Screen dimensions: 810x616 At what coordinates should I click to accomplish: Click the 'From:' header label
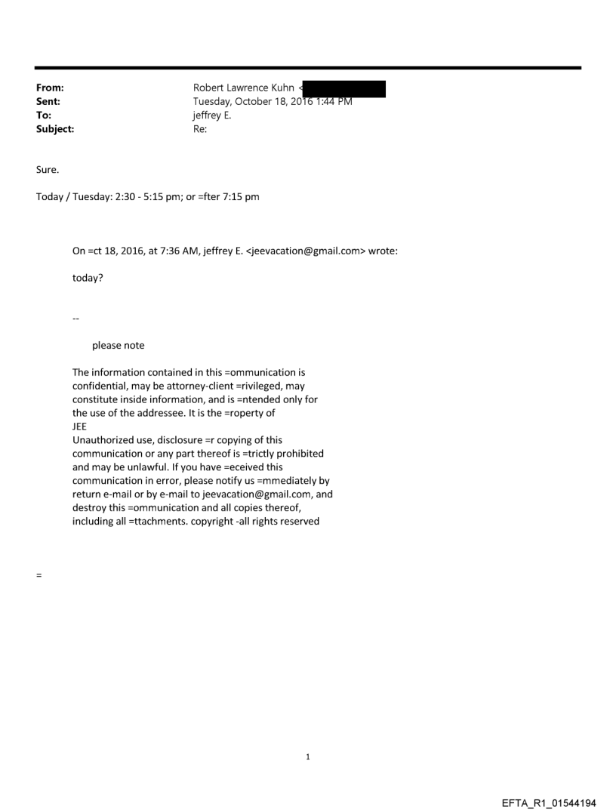point(49,88)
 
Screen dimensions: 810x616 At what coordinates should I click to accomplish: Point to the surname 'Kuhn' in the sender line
point(280,88)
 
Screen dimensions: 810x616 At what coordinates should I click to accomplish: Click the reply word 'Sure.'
point(47,170)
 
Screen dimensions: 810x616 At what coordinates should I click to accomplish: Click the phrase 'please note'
point(118,346)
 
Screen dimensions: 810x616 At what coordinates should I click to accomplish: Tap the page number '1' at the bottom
point(308,756)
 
